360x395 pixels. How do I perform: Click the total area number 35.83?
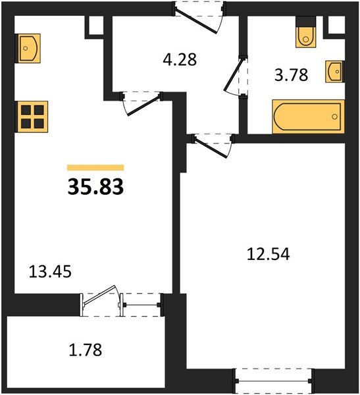coord(95,187)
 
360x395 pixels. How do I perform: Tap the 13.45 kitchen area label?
coord(50,271)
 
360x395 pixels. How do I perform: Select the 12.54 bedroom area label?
coord(269,253)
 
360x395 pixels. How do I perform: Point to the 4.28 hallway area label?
coord(180,60)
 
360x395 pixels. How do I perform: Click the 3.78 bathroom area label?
coord(291,75)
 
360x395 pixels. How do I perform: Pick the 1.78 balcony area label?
coord(86,350)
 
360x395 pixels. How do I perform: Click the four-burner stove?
coord(32,117)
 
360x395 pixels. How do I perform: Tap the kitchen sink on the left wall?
coord(28,48)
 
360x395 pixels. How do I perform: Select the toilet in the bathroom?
coord(306,32)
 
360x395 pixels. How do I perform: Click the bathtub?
coord(309,117)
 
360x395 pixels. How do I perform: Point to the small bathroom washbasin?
coord(335,71)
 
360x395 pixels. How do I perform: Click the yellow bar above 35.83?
coord(95,167)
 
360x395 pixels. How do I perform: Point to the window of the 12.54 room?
coord(273,381)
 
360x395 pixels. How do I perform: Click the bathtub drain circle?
coord(334,117)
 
